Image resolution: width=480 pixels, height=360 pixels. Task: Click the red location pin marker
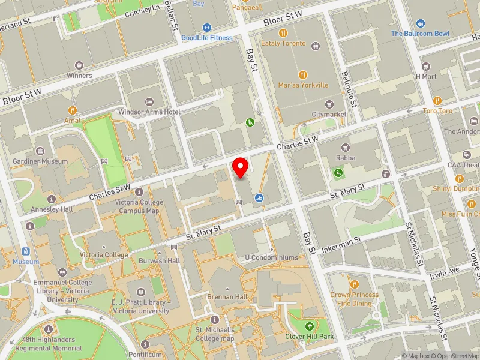click(x=241, y=167)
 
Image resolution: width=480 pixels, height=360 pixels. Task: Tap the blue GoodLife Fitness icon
click(x=206, y=27)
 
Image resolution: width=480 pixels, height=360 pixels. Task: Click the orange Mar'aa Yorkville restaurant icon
click(x=303, y=75)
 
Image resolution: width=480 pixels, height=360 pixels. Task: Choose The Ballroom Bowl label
click(x=420, y=34)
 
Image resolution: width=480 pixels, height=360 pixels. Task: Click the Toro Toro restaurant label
click(x=437, y=110)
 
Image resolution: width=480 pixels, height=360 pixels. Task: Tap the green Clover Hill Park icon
click(x=310, y=326)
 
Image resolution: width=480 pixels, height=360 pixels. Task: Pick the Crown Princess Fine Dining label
click(x=355, y=299)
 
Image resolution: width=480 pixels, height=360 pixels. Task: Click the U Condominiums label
click(x=271, y=257)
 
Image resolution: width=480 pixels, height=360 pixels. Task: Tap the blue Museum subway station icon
click(x=25, y=251)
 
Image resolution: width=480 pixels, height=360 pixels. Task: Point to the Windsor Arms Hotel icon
click(x=149, y=101)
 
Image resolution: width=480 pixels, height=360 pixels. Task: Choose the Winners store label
click(x=79, y=76)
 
